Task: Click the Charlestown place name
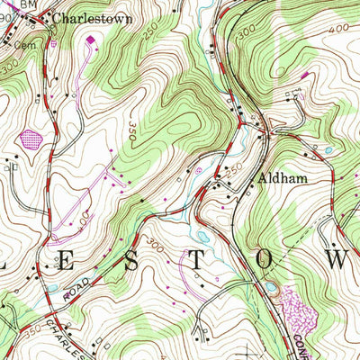[92, 17]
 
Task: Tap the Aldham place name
[285, 178]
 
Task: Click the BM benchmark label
[30, 4]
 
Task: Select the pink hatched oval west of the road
[31, 139]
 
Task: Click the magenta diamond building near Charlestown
[90, 39]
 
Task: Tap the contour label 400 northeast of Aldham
[338, 30]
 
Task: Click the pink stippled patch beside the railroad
[296, 314]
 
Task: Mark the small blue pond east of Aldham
[329, 150]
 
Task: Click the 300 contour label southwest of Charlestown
[10, 67]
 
